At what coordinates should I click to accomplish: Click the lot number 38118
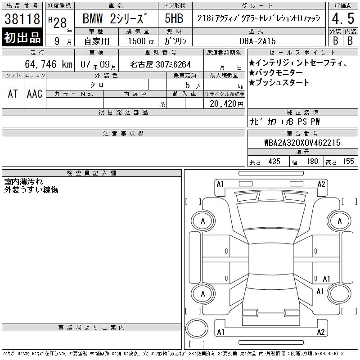(x=22, y=19)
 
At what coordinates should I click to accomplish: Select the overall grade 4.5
(x=343, y=18)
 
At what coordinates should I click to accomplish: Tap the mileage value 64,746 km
(x=49, y=64)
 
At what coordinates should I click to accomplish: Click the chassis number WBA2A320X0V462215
(x=302, y=143)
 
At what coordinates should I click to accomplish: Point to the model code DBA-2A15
(x=257, y=41)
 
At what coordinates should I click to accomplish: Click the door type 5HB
(x=174, y=18)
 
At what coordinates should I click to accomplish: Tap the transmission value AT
(x=13, y=94)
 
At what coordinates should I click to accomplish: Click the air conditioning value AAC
(x=35, y=94)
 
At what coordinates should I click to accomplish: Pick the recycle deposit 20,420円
(x=226, y=104)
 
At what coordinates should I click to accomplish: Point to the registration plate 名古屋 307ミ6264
(x=160, y=64)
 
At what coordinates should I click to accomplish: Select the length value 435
(x=274, y=162)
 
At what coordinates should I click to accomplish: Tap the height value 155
(x=348, y=162)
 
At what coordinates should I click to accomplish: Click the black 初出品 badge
(x=22, y=37)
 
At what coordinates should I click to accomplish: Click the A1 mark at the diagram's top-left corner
(x=220, y=184)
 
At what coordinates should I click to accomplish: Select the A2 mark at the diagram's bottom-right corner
(x=321, y=332)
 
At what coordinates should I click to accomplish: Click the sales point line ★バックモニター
(x=276, y=72)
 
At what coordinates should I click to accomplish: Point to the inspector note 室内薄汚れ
(x=23, y=182)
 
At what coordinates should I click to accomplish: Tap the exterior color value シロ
(x=97, y=85)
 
